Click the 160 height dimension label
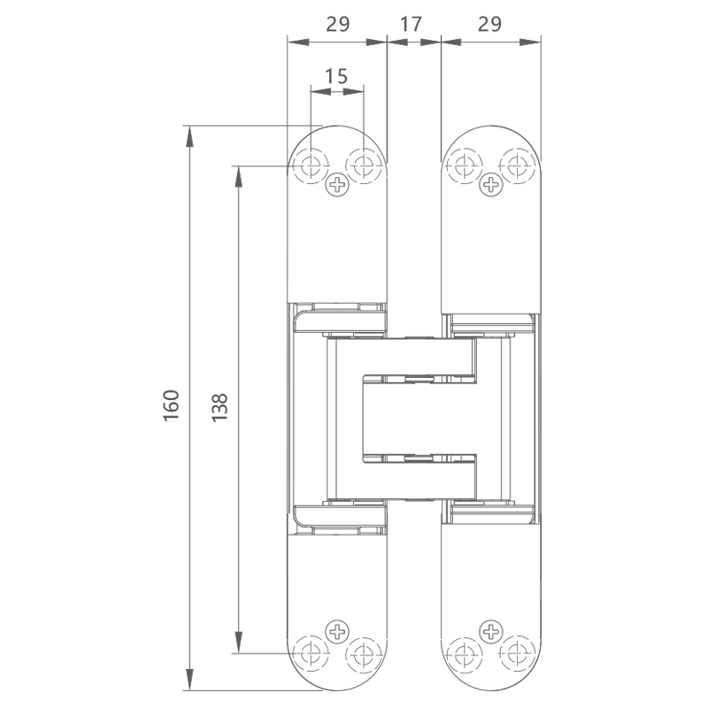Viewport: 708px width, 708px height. pyautogui.click(x=172, y=405)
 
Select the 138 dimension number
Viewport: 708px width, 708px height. pyautogui.click(x=219, y=407)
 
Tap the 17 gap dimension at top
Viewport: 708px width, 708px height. pyautogui.click(x=411, y=24)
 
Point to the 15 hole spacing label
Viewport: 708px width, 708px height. pyautogui.click(x=337, y=76)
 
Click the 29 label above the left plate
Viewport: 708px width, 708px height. pyautogui.click(x=338, y=24)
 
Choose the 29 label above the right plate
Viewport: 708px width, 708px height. pyautogui.click(x=489, y=24)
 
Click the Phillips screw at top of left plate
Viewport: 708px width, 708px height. pyautogui.click(x=337, y=184)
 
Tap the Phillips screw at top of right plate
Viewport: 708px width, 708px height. pyautogui.click(x=491, y=184)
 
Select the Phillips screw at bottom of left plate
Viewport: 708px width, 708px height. pyautogui.click(x=337, y=631)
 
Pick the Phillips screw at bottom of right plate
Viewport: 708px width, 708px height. pyautogui.click(x=491, y=631)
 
